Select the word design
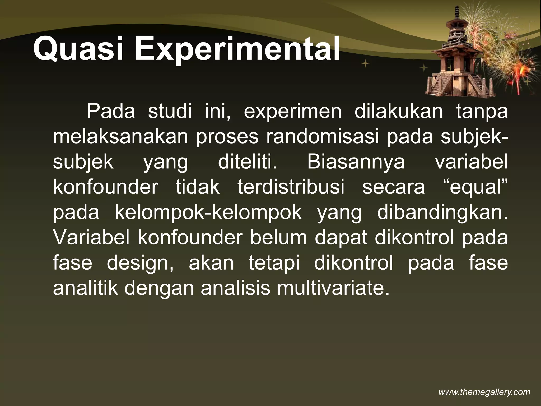pyautogui.click(x=140, y=264)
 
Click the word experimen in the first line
pyautogui.click(x=292, y=112)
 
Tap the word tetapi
pyautogui.click(x=274, y=263)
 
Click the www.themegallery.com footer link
pyautogui.click(x=484, y=392)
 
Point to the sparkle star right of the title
pyautogui.click(x=366, y=63)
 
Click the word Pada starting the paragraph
pyautogui.click(x=111, y=112)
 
